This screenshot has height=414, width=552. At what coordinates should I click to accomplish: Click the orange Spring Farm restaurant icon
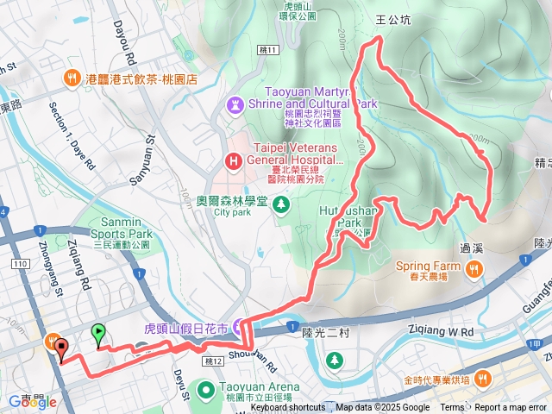coord(474,271)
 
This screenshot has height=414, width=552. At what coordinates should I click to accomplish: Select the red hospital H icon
coord(233,160)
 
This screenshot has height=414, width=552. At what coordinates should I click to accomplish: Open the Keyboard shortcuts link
coord(288,408)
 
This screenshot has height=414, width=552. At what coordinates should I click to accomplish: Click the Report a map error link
coord(511,408)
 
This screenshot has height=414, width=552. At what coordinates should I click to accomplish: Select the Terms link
coord(452,408)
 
